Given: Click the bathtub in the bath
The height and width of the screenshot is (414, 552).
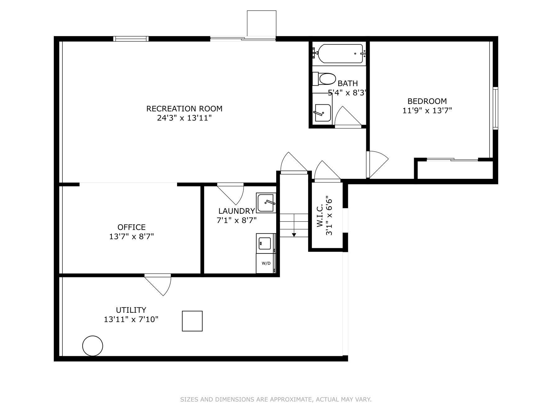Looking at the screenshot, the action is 339,54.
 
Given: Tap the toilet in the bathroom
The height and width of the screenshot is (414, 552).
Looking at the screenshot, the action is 324,79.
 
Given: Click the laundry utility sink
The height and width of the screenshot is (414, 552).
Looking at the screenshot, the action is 266,203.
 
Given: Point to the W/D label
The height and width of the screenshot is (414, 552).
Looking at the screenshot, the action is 266,263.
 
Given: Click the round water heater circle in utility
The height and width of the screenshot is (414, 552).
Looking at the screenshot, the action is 93,346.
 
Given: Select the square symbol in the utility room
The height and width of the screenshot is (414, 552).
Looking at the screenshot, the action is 192,321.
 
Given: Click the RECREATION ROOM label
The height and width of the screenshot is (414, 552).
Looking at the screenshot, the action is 184,109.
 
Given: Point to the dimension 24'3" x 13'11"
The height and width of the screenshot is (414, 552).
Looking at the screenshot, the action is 184,118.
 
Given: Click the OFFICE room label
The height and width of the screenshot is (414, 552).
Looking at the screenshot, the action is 131,227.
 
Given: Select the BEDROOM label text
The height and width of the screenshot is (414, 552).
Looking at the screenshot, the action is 427,101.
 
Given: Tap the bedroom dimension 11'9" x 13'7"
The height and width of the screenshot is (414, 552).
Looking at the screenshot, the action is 427,110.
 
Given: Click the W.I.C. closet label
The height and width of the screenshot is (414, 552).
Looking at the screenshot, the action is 320,216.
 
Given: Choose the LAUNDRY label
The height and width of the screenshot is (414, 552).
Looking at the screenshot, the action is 237,211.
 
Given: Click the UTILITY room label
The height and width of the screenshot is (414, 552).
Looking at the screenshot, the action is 131,310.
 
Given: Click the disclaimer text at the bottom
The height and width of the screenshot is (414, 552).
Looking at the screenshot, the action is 276,399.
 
